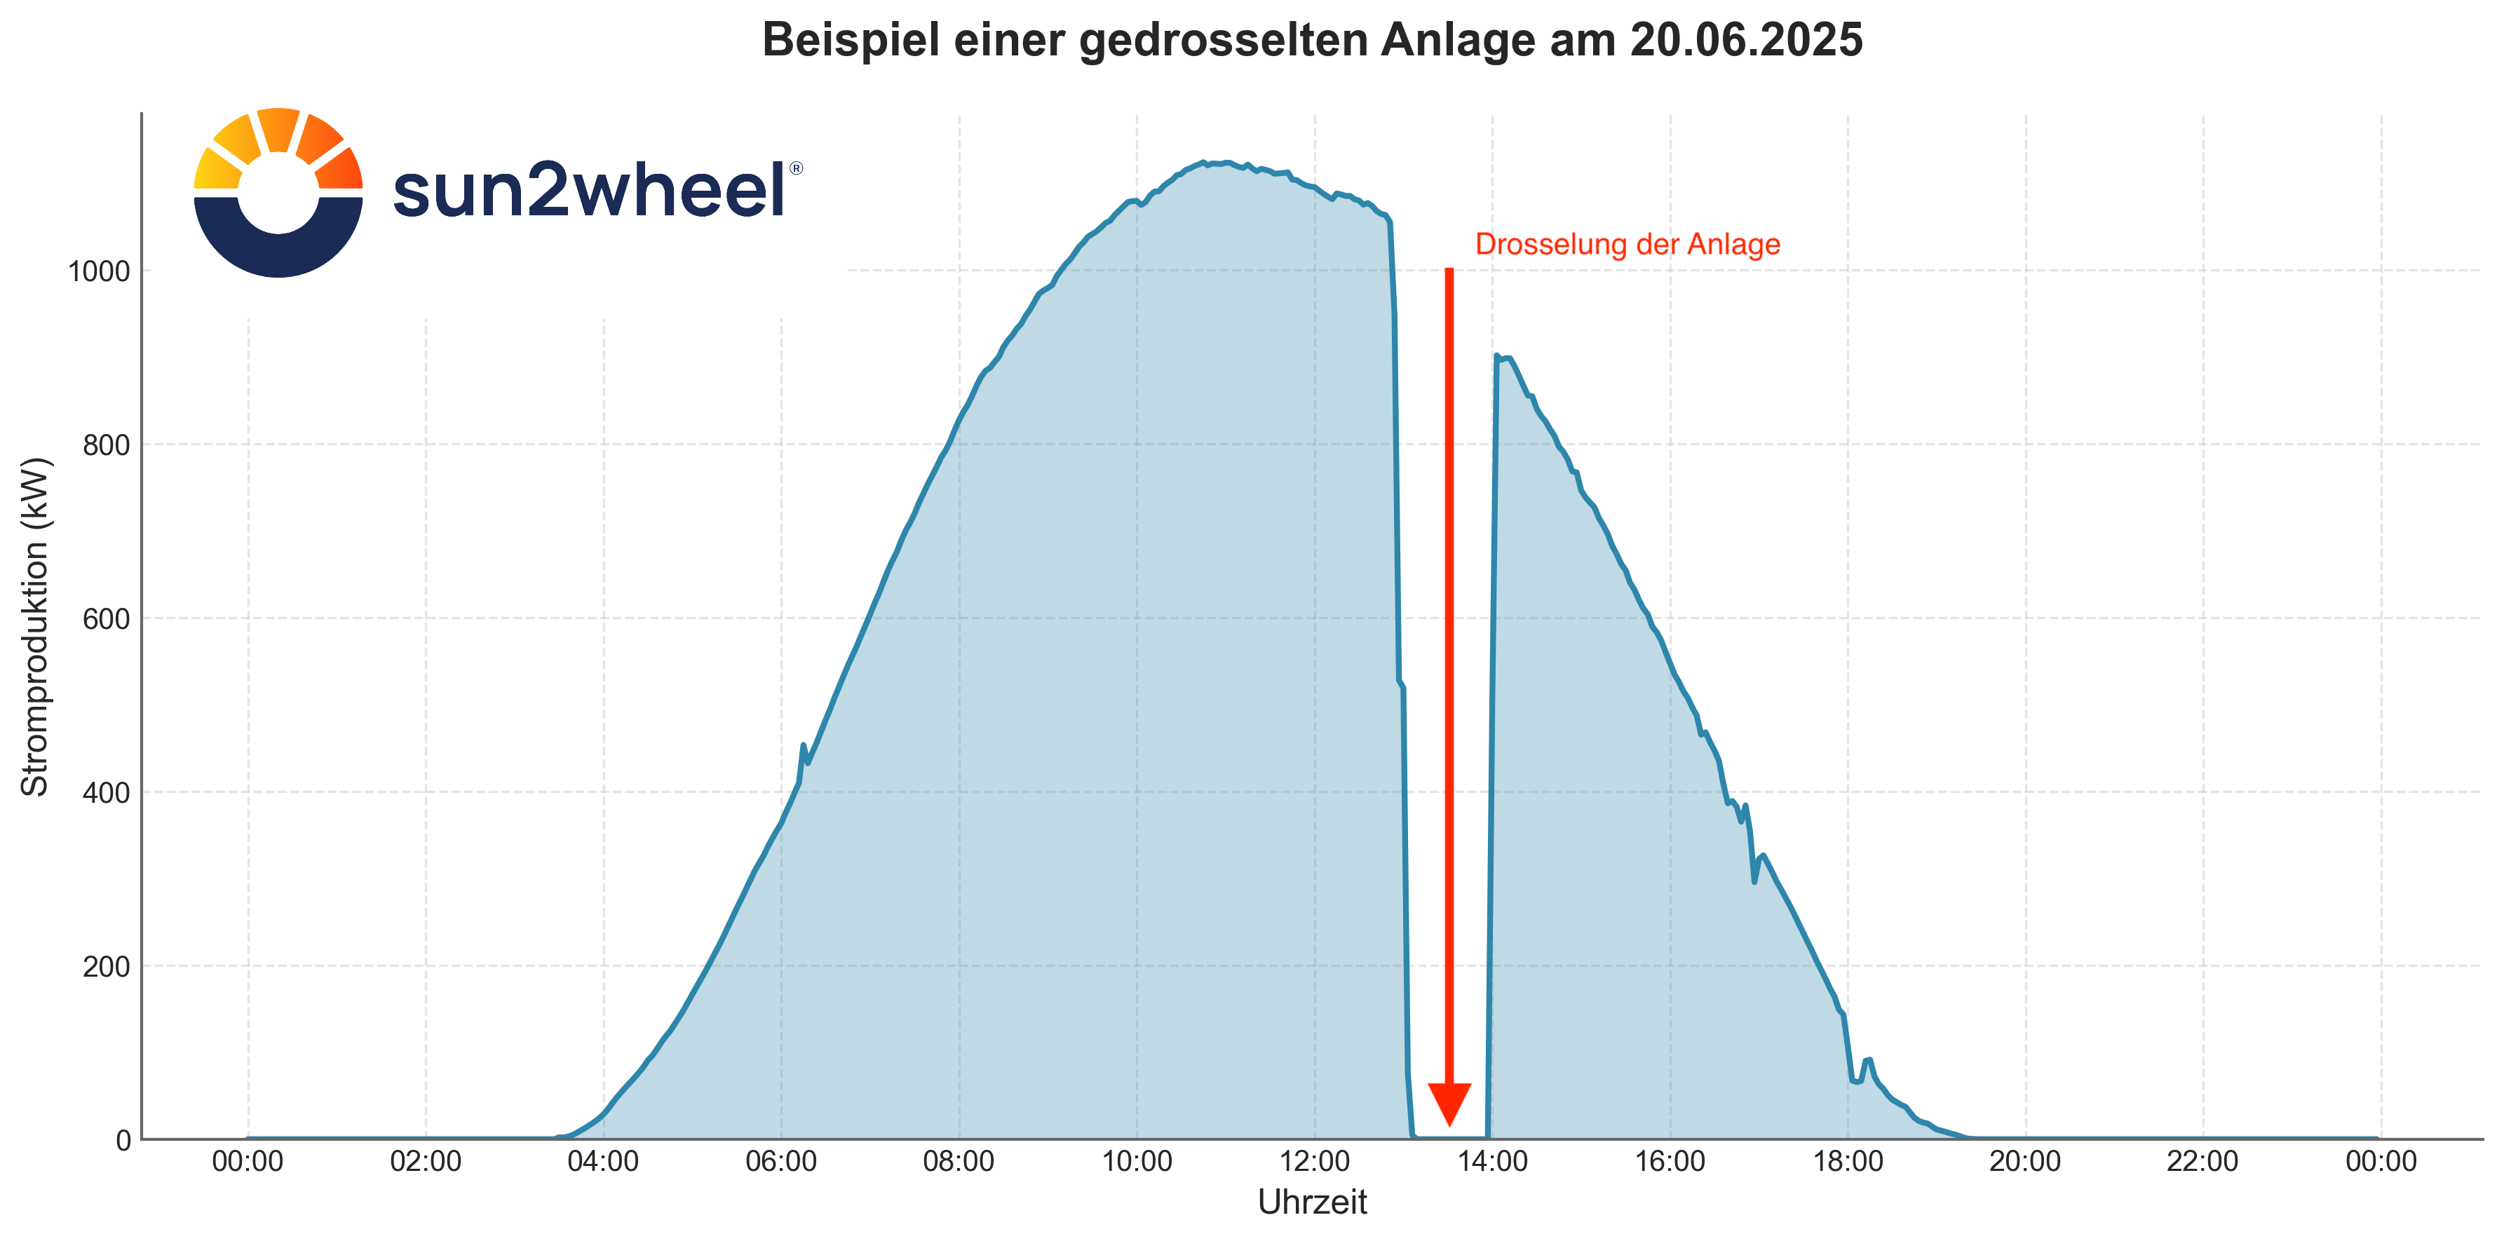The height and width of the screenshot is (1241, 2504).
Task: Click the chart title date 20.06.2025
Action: click(x=1746, y=41)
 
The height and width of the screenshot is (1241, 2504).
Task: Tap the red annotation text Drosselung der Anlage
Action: click(x=1627, y=244)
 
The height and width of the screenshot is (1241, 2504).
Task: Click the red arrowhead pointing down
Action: click(x=1449, y=1103)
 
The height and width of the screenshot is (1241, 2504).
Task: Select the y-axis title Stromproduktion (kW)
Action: click(x=35, y=626)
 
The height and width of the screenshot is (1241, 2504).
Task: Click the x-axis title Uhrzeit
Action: click(x=1311, y=1202)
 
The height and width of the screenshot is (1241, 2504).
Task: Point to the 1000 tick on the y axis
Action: click(x=98, y=271)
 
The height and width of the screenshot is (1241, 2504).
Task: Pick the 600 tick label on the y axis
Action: click(x=106, y=619)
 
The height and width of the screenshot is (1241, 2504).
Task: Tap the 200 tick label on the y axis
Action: click(x=106, y=967)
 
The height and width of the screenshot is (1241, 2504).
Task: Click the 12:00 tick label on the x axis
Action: click(x=1314, y=1161)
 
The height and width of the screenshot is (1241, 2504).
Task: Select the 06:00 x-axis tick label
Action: click(x=780, y=1161)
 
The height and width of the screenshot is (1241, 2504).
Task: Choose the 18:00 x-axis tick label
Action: click(x=1848, y=1161)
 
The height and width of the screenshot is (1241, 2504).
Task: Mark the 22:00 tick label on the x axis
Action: click(x=2202, y=1161)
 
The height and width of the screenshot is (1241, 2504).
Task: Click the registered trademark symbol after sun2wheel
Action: click(x=796, y=168)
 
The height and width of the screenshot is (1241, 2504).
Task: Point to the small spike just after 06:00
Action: click(x=803, y=745)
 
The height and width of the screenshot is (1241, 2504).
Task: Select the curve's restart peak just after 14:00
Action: click(x=1497, y=357)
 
